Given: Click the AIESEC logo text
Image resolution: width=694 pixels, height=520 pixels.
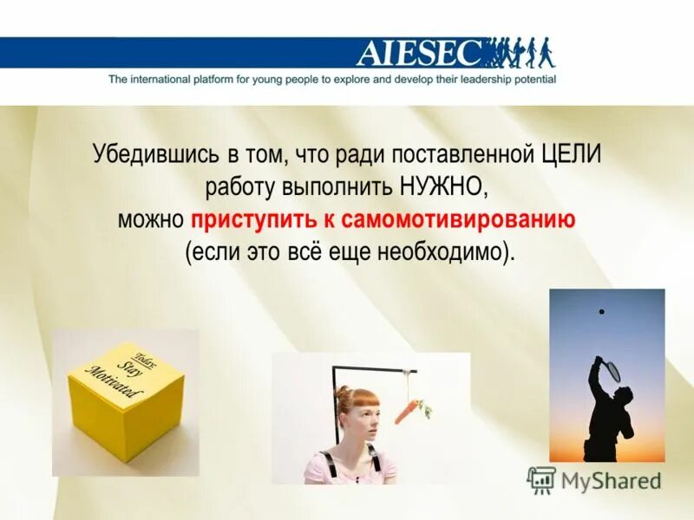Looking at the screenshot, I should (417, 54).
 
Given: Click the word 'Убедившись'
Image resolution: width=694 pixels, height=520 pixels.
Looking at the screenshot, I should (147, 156).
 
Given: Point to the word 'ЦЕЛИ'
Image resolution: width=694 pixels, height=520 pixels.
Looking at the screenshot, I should (570, 156).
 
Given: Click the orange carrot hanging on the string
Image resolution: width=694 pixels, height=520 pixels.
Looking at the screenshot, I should (408, 411).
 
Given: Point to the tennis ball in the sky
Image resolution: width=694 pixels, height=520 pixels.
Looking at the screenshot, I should (601, 310).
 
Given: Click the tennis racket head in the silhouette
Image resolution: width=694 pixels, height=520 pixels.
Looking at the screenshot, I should (611, 371).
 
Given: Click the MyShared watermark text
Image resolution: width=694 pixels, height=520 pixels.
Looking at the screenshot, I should (611, 480).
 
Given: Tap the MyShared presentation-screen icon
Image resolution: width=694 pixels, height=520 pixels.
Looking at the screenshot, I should (541, 479).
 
